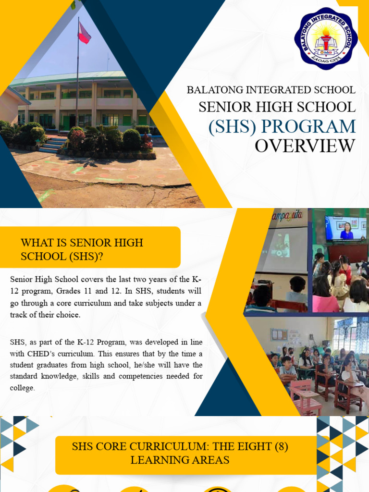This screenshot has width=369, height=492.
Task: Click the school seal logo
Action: tap(326, 39)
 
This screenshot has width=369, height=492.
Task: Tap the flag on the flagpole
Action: tap(84, 33)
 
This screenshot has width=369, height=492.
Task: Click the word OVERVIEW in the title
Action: tap(305, 146)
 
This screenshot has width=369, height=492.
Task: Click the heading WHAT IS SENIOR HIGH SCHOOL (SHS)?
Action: tap(82, 249)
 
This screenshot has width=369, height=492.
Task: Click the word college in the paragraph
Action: tap(22, 388)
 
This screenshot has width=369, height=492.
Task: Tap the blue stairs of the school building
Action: tap(54, 144)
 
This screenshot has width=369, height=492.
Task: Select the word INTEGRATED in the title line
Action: tap(278, 90)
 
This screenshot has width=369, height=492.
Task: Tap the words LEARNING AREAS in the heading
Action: tap(180, 460)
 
